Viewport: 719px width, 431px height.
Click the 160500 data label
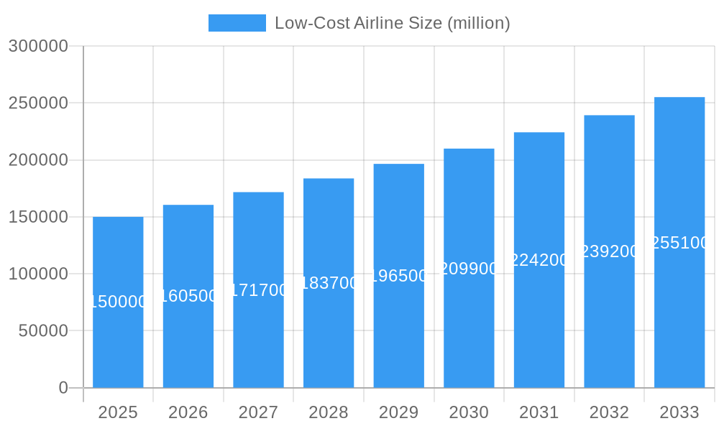click(x=188, y=296)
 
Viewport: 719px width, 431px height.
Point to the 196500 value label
click(x=399, y=276)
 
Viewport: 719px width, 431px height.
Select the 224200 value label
click(x=539, y=260)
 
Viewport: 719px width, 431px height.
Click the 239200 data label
click(x=609, y=251)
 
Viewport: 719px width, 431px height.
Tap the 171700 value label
click(x=259, y=290)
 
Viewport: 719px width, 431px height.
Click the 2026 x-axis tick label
click(x=188, y=412)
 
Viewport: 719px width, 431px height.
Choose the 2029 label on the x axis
click(x=399, y=412)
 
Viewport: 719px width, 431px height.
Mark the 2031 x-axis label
click(x=539, y=412)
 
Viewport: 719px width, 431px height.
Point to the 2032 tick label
click(x=609, y=412)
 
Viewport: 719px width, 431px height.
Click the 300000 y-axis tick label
click(x=38, y=46)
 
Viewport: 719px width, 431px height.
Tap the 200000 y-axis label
click(x=38, y=160)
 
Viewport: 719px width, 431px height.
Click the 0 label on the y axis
click(x=63, y=388)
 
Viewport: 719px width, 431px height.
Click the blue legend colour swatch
click(x=237, y=23)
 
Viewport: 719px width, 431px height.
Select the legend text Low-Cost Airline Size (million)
click(x=393, y=23)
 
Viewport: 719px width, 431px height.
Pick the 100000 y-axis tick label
click(x=38, y=274)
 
